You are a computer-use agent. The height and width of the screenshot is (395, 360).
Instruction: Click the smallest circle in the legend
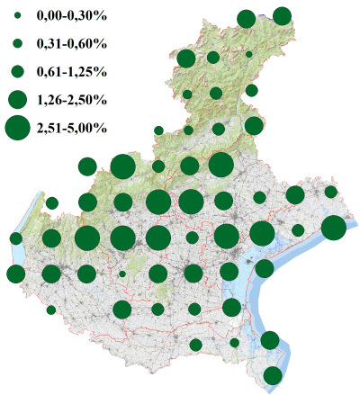click(18, 17)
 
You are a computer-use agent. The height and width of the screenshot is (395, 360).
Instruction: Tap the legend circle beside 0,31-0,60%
click(18, 43)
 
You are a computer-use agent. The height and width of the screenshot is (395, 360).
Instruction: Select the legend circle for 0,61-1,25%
click(18, 70)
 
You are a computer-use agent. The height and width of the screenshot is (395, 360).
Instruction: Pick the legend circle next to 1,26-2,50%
click(18, 99)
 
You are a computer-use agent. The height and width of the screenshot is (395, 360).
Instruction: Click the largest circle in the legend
click(18, 128)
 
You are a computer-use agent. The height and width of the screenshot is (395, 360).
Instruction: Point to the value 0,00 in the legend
click(49, 17)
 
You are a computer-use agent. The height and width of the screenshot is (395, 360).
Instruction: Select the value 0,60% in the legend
click(90, 43)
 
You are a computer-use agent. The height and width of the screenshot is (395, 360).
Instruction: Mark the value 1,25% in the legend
click(90, 70)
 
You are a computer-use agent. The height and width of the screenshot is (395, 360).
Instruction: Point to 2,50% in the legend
click(90, 99)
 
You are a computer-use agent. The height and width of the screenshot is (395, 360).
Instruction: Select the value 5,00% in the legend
click(90, 128)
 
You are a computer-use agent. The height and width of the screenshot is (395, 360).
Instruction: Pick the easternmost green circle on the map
click(333, 229)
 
